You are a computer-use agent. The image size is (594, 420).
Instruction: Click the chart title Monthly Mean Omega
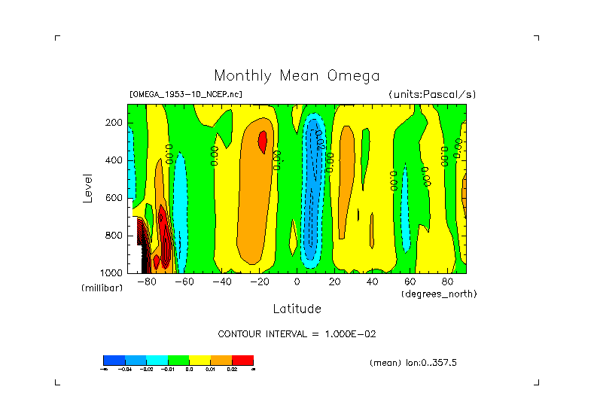[x=297, y=75]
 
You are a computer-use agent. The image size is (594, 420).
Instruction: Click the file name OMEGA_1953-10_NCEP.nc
[x=186, y=95]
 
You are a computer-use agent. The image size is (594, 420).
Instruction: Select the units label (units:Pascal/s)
[x=432, y=95]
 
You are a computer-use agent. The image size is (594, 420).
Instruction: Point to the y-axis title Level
[x=88, y=187]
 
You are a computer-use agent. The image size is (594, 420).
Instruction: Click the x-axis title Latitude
[x=297, y=309]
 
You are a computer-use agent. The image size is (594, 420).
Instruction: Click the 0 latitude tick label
[x=297, y=282]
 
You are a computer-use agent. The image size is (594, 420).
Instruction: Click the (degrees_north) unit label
[x=439, y=294]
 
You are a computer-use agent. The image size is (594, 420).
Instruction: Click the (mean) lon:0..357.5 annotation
[x=413, y=363]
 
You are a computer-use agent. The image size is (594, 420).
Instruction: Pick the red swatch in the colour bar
[x=242, y=360]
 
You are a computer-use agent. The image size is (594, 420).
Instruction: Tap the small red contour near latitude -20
[x=262, y=140]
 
